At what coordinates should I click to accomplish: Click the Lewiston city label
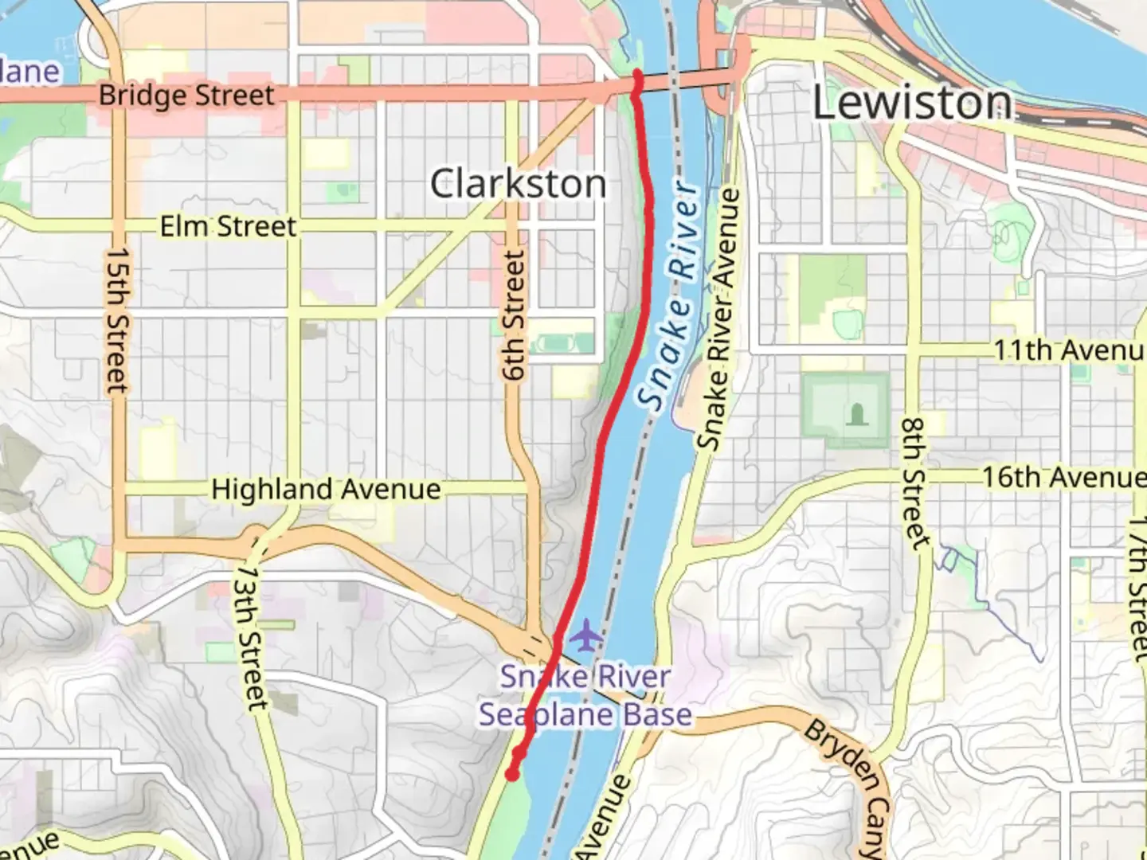click(912, 104)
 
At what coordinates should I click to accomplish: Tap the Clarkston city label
click(518, 184)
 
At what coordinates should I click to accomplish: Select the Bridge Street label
click(186, 96)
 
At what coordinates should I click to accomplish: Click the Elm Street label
click(228, 227)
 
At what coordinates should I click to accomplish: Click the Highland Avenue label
click(326, 489)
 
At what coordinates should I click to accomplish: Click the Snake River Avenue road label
click(718, 319)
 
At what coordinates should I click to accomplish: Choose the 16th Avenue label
click(1063, 477)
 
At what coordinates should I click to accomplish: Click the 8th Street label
click(915, 483)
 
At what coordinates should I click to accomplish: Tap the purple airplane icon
click(586, 635)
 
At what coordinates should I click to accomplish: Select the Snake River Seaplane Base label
click(585, 696)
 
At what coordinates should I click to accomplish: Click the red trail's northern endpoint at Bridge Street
click(637, 76)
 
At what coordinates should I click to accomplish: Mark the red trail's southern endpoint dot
click(512, 773)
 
